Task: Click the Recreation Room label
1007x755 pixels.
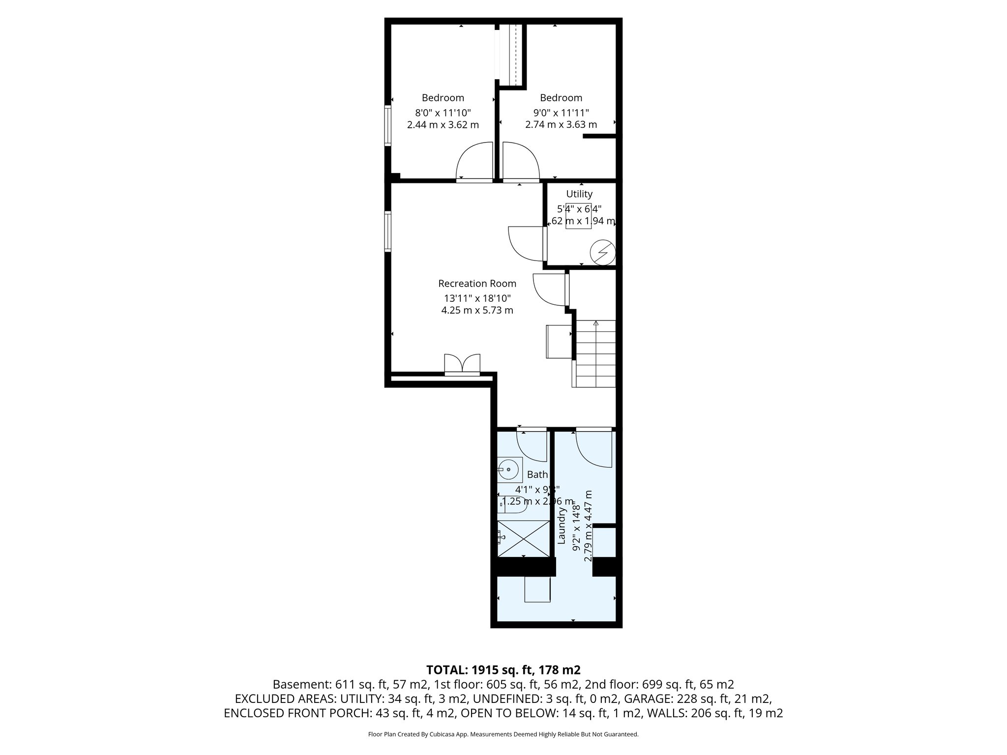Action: point(477,284)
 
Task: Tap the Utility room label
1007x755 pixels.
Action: point(579,194)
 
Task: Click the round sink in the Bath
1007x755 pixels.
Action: point(509,470)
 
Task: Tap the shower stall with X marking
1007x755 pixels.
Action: point(523,539)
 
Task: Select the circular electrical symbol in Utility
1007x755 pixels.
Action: point(602,252)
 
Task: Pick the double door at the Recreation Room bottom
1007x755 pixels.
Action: point(462,365)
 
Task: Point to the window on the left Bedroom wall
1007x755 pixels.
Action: point(387,125)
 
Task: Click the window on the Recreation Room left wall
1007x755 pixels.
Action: point(387,231)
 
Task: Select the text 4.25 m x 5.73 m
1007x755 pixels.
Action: point(477,310)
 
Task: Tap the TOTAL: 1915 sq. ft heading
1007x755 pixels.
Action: point(503,669)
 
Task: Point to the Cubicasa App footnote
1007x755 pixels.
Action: point(503,734)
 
